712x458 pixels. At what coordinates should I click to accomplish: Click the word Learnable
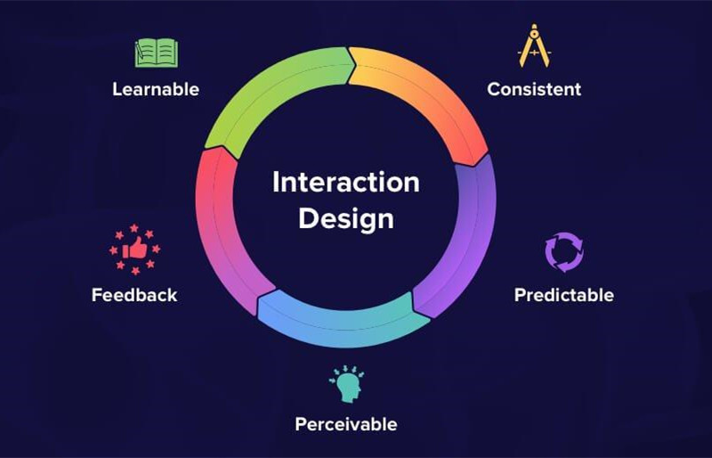(156, 89)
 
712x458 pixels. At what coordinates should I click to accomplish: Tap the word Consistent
(534, 89)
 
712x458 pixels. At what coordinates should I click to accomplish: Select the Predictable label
(564, 295)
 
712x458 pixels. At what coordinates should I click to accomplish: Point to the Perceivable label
(346, 424)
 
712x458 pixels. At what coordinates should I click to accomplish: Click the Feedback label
(134, 295)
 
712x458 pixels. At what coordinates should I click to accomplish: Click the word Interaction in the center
(346, 183)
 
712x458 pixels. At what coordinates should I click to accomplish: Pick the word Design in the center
(346, 219)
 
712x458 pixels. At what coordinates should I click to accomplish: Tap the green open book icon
(157, 53)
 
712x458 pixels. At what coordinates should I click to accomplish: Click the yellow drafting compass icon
(535, 46)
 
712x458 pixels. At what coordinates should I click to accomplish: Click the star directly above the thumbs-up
(134, 227)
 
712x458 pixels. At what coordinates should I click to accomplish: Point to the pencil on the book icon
(140, 50)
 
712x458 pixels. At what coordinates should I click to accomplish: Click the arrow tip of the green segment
(355, 65)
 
